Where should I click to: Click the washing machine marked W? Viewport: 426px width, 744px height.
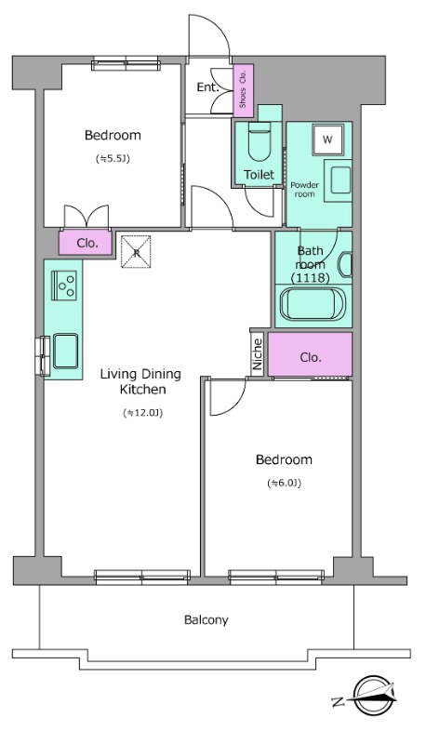point(327,139)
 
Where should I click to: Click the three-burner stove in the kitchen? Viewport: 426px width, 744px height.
point(63,285)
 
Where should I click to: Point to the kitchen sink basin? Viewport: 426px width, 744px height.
point(65,352)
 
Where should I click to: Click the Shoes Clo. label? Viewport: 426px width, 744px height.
point(243,89)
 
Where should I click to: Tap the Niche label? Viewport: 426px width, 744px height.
point(258,354)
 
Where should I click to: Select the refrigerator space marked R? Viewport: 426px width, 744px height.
point(136,251)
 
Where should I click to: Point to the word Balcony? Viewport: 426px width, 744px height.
point(206,619)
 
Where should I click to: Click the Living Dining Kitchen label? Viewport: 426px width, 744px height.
point(141,381)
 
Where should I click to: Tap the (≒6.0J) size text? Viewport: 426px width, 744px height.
point(285,483)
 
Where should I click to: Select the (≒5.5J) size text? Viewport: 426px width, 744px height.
point(113,158)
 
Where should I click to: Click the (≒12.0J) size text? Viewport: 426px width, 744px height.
point(142,413)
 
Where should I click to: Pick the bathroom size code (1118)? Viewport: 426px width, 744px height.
point(311,278)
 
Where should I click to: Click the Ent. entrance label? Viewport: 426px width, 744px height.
point(207,86)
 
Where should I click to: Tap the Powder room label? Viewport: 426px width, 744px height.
point(304,190)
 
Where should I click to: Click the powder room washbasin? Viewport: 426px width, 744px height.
point(339,180)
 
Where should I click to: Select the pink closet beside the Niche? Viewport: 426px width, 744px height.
point(311,354)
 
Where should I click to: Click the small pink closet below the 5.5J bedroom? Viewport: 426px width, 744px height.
point(86,243)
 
